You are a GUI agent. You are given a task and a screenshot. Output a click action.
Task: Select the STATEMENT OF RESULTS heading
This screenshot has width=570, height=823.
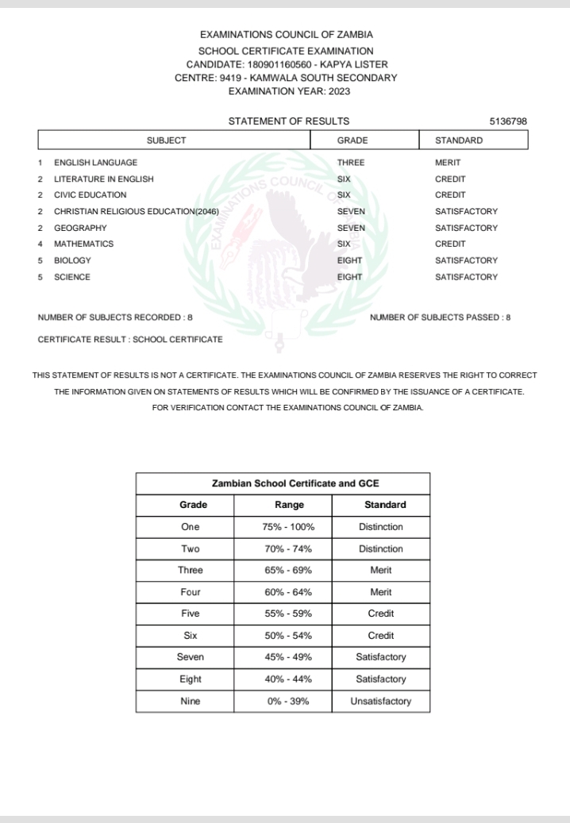[289, 121]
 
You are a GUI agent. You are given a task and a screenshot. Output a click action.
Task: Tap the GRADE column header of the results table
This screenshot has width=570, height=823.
[352, 140]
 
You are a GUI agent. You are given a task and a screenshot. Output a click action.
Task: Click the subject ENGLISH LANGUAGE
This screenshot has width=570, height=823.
[95, 163]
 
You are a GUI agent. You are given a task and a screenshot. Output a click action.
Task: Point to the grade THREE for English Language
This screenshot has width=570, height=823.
[351, 163]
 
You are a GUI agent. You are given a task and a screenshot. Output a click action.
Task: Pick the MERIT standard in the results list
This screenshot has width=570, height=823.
[448, 163]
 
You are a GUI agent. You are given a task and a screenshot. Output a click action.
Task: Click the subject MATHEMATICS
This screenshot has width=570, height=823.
[83, 244]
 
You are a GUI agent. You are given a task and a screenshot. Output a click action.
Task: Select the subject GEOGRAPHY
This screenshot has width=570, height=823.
[80, 228]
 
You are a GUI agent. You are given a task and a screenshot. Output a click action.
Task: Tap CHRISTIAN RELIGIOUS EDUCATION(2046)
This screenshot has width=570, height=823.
[136, 212]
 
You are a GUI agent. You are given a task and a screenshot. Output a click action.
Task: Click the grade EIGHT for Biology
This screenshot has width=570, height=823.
[350, 260]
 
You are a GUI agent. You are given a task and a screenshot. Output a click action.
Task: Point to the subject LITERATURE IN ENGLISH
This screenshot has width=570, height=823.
[104, 179]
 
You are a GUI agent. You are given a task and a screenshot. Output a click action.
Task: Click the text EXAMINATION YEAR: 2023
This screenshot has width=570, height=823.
[289, 91]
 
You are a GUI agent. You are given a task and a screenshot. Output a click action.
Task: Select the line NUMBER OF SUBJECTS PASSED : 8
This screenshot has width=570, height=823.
[440, 317]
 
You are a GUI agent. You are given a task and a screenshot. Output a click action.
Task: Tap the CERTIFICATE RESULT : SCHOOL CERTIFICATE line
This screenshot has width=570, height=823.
[130, 340]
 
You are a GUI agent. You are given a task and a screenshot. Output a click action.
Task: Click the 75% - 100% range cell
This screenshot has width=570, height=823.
[289, 527]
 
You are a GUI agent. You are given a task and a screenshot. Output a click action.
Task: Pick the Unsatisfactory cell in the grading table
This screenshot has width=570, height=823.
[380, 702]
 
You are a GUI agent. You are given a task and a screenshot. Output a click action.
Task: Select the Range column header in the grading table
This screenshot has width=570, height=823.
[289, 505]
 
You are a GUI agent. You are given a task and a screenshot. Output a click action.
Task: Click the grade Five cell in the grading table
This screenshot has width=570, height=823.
[191, 614]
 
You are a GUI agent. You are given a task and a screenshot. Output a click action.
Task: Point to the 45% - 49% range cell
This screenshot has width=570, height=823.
[289, 657]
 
